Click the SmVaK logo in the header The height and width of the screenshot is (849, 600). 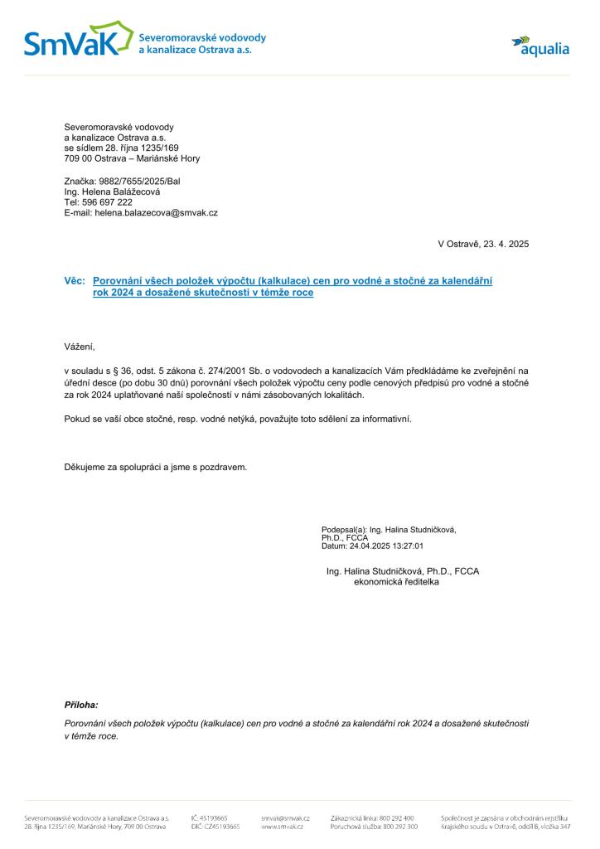79,40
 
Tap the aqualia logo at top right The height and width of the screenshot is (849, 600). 540,46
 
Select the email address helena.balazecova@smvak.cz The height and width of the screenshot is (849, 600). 156,213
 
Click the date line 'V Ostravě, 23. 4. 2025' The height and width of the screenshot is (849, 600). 482,244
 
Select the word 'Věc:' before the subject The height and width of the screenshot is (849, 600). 75,281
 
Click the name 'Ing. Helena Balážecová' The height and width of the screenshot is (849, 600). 112,192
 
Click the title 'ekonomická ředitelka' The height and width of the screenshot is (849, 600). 396,582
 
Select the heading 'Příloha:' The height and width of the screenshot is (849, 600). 81,705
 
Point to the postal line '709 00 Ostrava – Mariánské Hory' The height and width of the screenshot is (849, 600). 132,158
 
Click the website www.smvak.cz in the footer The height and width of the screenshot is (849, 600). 282,827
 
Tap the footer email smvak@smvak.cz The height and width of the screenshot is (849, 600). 285,817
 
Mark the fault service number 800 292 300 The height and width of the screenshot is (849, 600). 400,827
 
